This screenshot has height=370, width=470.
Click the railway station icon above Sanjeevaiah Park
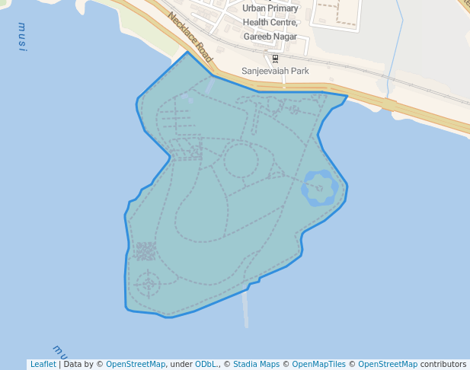click(x=275, y=59)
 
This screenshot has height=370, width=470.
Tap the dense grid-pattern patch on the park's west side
click(x=145, y=250)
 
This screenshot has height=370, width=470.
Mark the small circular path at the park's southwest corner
click(x=149, y=284)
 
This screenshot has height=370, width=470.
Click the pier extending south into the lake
click(x=245, y=308)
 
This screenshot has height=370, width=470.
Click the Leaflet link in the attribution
click(x=43, y=364)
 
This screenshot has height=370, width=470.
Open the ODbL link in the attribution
click(x=206, y=364)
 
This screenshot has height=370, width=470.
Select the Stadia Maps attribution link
click(x=256, y=364)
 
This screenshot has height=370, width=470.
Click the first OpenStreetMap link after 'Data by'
click(x=136, y=364)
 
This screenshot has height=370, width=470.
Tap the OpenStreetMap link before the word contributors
click(x=387, y=364)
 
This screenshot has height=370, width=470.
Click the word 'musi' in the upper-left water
click(x=22, y=37)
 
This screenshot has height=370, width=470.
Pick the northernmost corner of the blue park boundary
click(x=187, y=52)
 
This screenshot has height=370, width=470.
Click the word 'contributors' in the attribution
click(x=443, y=364)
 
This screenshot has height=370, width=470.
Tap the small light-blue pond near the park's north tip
click(x=186, y=97)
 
